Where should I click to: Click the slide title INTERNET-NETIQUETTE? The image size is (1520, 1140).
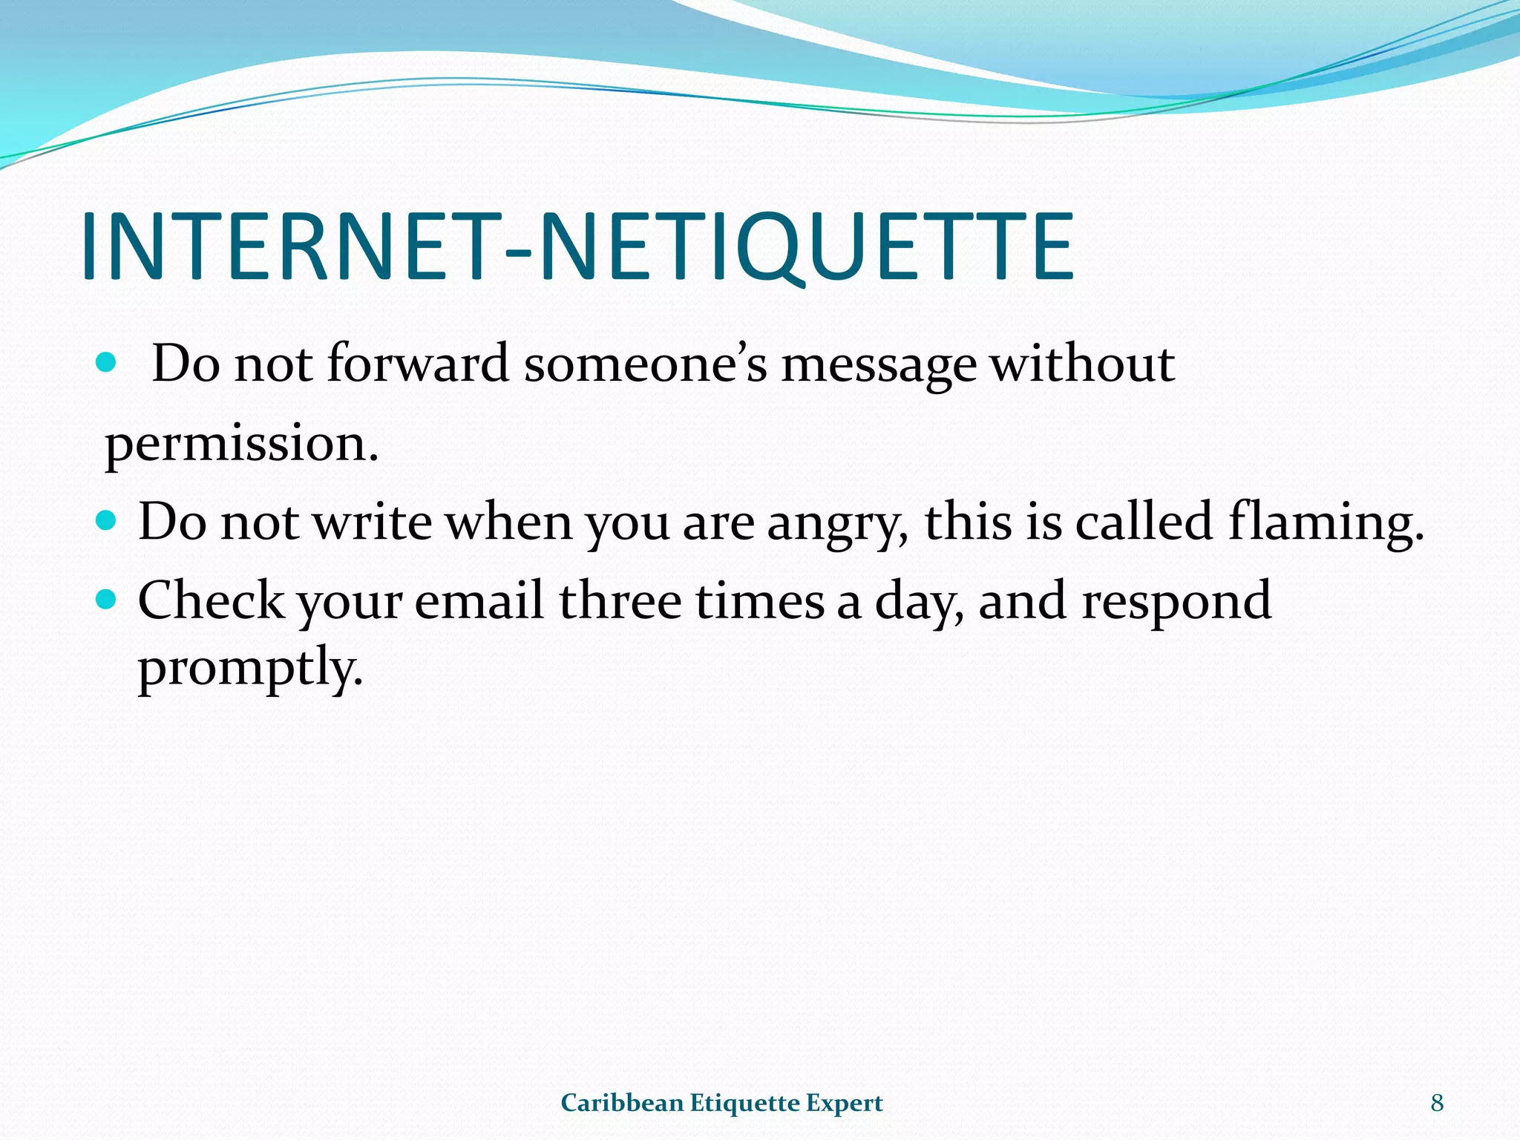pyautogui.click(x=577, y=247)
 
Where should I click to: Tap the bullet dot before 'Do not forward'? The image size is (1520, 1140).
pyautogui.click(x=107, y=363)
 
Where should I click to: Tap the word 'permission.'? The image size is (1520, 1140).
pyautogui.click(x=242, y=444)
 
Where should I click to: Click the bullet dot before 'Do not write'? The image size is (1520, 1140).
pyautogui.click(x=107, y=520)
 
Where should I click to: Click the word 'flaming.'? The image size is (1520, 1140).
pyautogui.click(x=1326, y=522)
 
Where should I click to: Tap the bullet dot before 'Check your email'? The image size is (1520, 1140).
pyautogui.click(x=107, y=599)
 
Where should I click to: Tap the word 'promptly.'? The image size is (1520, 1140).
pyautogui.click(x=250, y=666)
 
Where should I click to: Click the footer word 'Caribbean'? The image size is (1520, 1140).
pyautogui.click(x=622, y=1103)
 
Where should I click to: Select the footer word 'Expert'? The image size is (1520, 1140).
pyautogui.click(x=844, y=1104)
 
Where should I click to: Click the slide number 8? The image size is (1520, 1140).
pyautogui.click(x=1437, y=1103)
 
